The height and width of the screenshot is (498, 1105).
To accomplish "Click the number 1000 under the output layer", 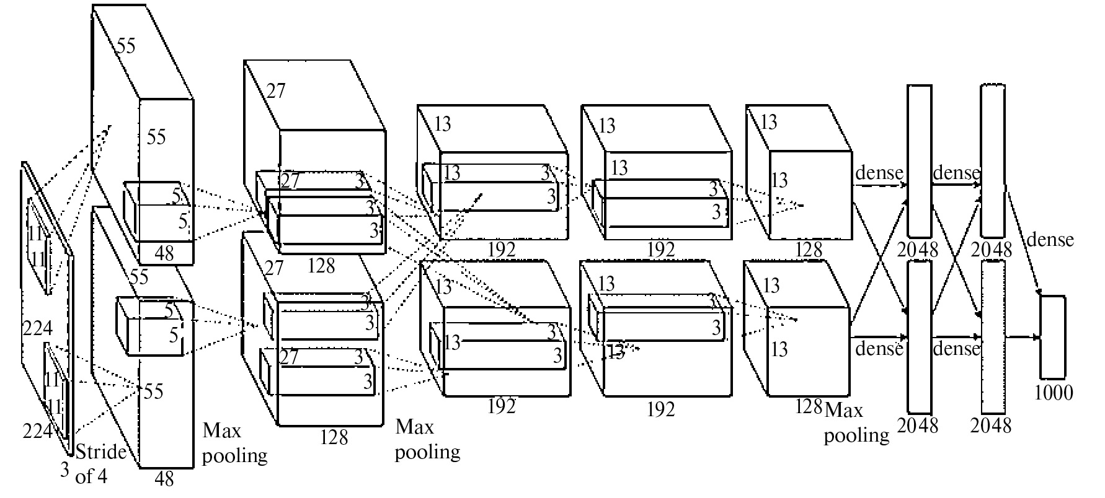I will click(1054, 392).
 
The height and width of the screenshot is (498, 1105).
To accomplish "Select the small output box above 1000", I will click(1052, 337).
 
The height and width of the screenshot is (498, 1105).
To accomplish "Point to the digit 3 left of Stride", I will click(65, 470).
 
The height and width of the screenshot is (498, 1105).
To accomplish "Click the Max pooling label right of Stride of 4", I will click(234, 443).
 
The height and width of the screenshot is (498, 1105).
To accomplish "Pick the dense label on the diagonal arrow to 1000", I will click(1050, 239).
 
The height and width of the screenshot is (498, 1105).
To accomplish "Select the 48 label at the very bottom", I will click(164, 479).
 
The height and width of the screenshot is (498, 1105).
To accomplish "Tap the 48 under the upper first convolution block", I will click(164, 253).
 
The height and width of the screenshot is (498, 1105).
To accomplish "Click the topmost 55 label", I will click(126, 46).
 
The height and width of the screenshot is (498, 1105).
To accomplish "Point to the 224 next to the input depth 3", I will click(38, 430).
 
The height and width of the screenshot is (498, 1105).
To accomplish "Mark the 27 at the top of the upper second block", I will click(275, 91).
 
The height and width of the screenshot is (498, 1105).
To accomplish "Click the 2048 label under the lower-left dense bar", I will click(918, 426).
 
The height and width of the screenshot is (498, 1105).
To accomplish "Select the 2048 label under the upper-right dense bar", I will click(992, 250).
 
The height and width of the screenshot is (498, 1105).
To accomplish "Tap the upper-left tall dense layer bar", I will click(920, 161).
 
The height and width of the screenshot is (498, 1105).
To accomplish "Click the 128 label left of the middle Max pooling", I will click(335, 437).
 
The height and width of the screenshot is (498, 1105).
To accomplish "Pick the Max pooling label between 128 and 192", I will click(427, 439).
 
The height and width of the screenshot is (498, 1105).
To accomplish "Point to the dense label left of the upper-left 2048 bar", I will click(879, 173).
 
